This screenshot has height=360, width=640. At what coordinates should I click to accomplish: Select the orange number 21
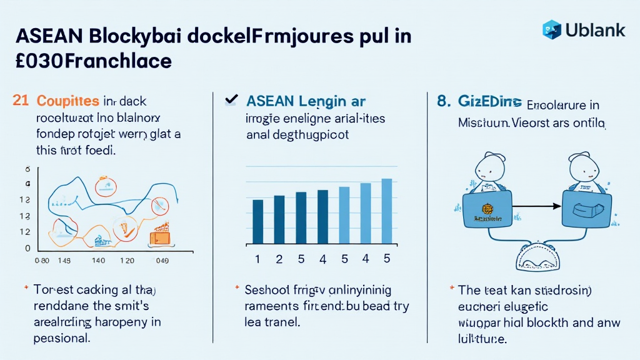21,101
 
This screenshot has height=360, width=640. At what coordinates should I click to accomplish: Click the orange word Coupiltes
68,101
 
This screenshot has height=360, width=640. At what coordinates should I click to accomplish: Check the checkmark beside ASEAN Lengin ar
231,99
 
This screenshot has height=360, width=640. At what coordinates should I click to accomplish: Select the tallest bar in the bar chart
386,211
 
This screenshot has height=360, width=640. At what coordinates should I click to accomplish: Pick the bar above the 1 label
257,221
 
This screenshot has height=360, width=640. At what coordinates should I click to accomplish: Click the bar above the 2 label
279,219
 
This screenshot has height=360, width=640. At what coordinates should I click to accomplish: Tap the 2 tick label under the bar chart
279,259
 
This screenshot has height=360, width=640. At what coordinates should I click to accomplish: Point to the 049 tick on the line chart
162,261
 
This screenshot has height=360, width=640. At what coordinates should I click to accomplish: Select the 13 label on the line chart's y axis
25,216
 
